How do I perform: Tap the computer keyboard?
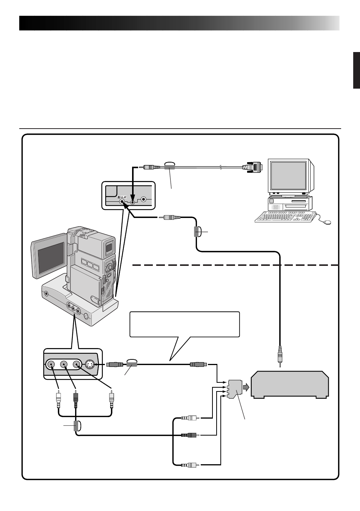(x=286, y=216)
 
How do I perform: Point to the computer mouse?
(x=327, y=222)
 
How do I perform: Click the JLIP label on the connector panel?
(x=122, y=197)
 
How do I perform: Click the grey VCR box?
(x=290, y=385)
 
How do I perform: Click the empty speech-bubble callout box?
(x=185, y=324)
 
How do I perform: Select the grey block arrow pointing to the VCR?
(x=246, y=387)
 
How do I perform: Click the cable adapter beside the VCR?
(x=234, y=389)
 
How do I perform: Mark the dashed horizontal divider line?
(x=235, y=265)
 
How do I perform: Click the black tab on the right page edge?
(x=357, y=70)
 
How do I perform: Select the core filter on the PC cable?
(x=169, y=167)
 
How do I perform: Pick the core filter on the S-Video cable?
(x=132, y=365)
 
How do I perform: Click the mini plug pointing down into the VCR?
(x=280, y=356)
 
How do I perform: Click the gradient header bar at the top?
(x=179, y=23)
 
